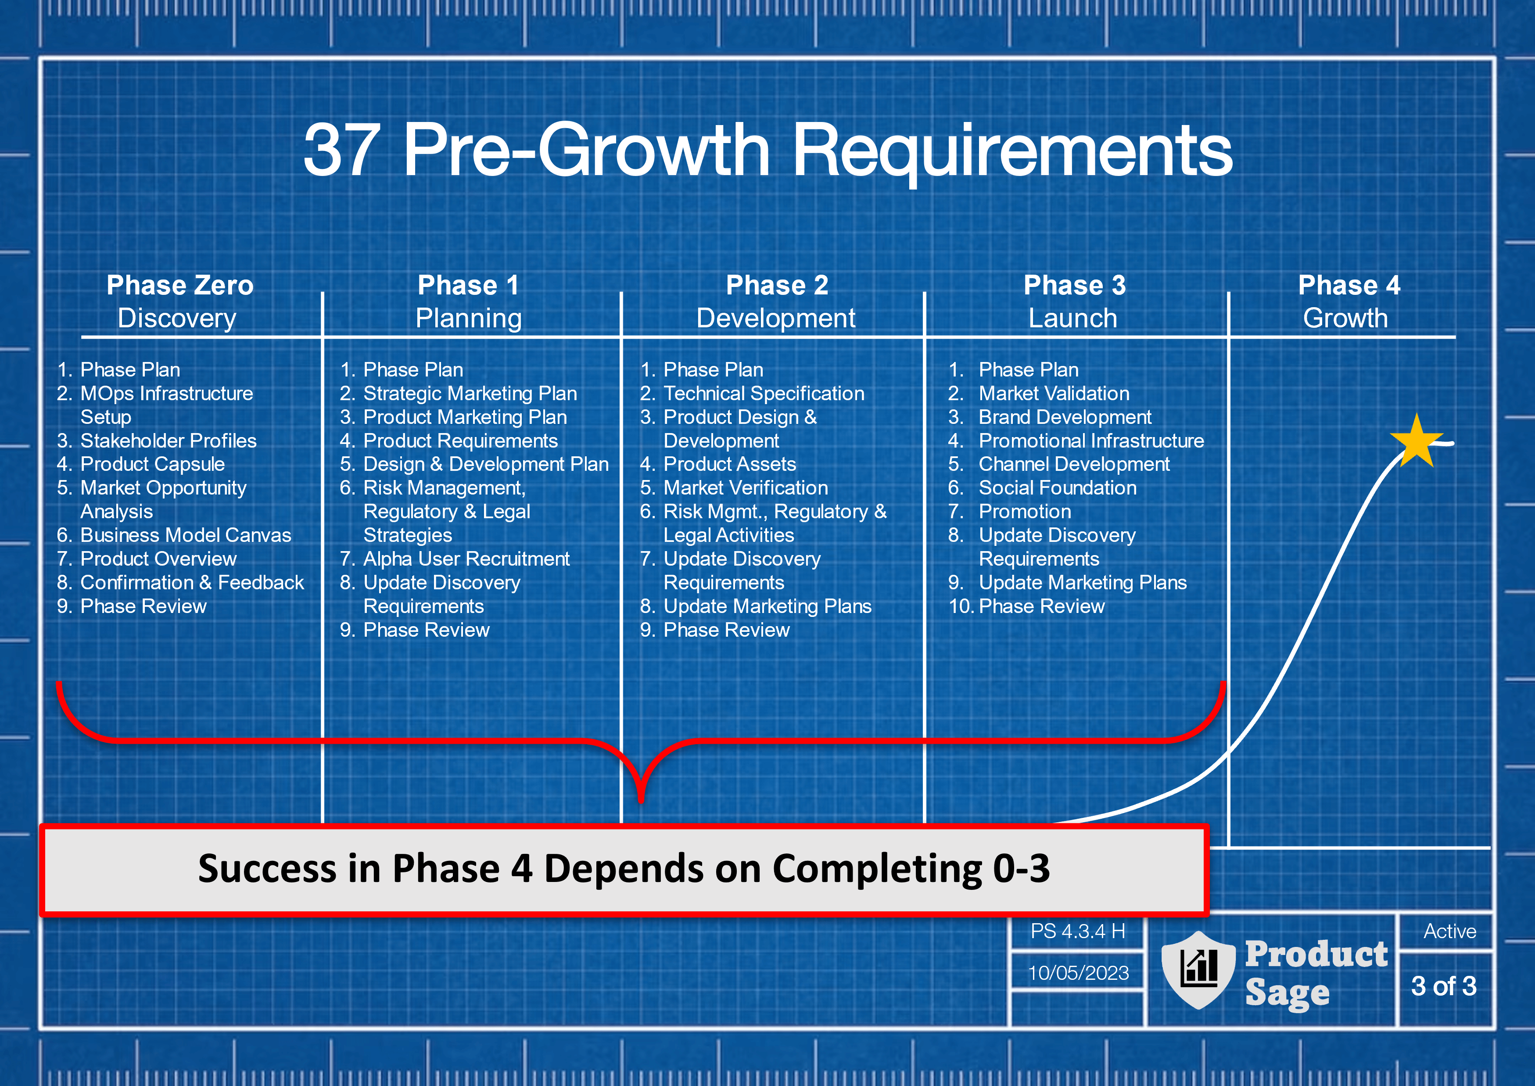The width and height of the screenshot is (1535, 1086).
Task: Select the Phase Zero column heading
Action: tap(180, 286)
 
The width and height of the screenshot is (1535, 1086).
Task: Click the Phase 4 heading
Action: tap(1349, 286)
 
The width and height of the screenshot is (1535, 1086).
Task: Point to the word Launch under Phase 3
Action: tap(1073, 318)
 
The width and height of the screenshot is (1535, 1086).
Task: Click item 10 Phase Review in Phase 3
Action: tap(1027, 606)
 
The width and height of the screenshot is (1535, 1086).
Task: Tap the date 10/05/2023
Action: tap(1078, 973)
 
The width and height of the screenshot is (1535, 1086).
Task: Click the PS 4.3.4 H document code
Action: tap(1077, 931)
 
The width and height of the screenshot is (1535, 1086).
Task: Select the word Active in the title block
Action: tap(1449, 931)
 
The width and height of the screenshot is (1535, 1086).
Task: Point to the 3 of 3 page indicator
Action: tap(1443, 986)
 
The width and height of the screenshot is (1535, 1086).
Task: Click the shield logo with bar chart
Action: tap(1198, 970)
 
